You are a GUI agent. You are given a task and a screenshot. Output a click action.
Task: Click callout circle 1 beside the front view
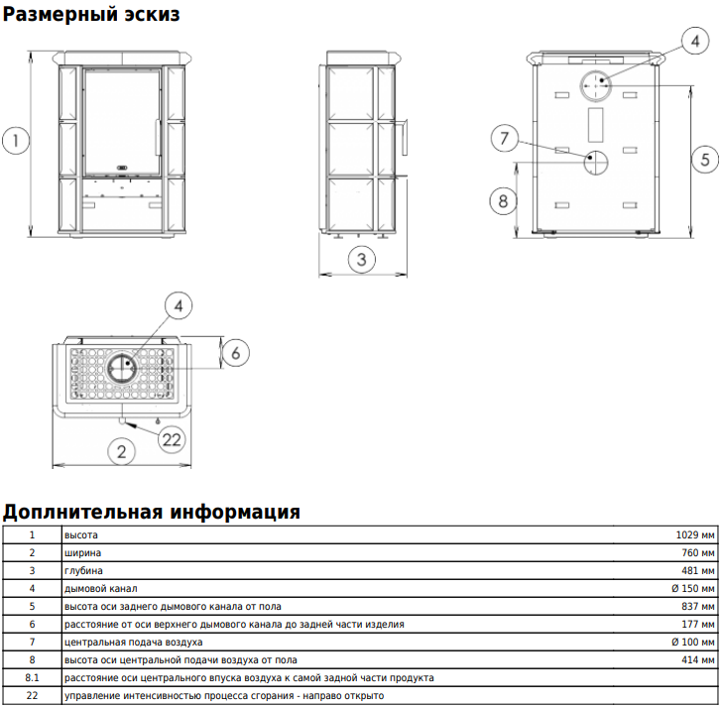click(x=16, y=140)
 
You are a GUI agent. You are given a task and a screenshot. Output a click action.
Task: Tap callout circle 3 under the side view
click(x=361, y=259)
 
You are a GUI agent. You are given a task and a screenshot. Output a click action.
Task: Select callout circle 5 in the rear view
click(x=705, y=159)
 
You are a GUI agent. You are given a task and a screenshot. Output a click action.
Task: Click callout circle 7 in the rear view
click(x=505, y=138)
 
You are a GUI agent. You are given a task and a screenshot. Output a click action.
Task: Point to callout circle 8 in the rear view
click(x=503, y=201)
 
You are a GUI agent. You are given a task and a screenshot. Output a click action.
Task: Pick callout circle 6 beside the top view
click(x=235, y=353)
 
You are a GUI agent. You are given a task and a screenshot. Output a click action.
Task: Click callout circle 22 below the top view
click(x=172, y=439)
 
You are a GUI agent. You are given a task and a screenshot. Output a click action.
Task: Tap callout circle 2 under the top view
click(x=121, y=451)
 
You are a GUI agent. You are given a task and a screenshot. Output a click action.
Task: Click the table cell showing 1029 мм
click(x=695, y=535)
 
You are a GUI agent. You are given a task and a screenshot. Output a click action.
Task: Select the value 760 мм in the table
click(x=698, y=553)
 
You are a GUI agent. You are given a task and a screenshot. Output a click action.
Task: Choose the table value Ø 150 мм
click(x=693, y=589)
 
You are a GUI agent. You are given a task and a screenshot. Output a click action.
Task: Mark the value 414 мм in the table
click(x=698, y=660)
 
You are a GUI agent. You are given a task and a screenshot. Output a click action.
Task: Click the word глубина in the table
click(x=83, y=571)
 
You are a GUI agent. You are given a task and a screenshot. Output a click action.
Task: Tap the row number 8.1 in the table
click(x=32, y=678)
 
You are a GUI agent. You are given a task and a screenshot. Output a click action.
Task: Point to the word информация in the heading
click(x=235, y=512)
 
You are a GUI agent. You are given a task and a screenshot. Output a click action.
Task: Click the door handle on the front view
click(x=158, y=137)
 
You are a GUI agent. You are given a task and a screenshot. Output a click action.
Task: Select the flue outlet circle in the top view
click(x=121, y=367)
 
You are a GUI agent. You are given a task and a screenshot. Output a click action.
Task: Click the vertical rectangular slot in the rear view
click(x=595, y=125)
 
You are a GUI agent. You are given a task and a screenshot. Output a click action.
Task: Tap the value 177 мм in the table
click(x=698, y=625)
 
